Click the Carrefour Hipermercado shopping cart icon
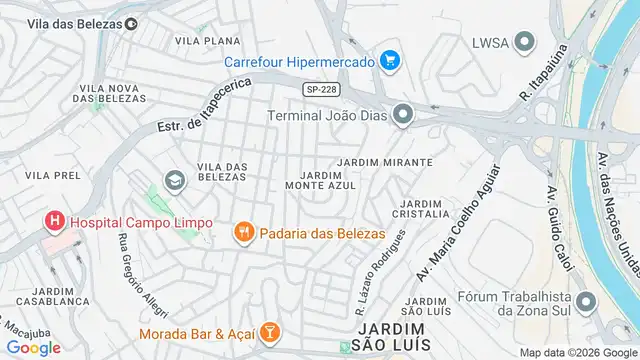click(390, 61)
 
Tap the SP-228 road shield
click(319, 89)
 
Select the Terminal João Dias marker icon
click(402, 115)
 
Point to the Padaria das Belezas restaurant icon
click(243, 233)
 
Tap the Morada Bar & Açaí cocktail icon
click(269, 331)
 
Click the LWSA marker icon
click(525, 42)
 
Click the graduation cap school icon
click(174, 180)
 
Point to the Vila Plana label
click(207, 41)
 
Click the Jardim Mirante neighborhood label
click(385, 161)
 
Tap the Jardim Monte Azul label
click(320, 181)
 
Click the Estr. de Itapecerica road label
click(206, 111)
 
